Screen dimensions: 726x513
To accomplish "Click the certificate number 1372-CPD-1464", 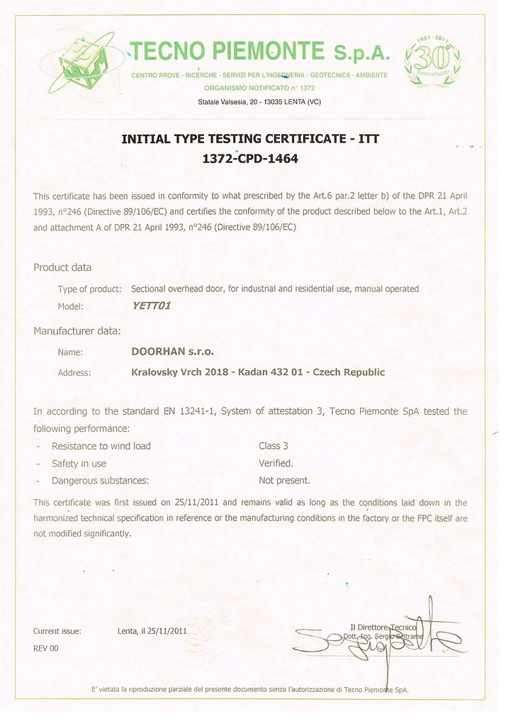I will pyautogui.click(x=250, y=159).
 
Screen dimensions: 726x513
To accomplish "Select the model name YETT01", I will pyautogui.click(x=152, y=306).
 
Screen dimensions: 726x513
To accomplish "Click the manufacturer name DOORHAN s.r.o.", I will pyautogui.click(x=172, y=351).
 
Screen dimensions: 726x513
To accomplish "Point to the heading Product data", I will pyautogui.click(x=62, y=267).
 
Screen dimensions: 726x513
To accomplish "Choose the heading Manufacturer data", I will pyautogui.click(x=77, y=330).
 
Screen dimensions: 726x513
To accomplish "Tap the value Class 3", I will pyautogui.click(x=274, y=446).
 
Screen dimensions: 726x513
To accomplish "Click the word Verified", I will pyautogui.click(x=276, y=463).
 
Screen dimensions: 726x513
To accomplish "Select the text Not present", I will pyautogui.click(x=284, y=480).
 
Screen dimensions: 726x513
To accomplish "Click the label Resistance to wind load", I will pyautogui.click(x=101, y=446).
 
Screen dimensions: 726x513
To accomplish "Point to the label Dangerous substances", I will pyautogui.click(x=100, y=480).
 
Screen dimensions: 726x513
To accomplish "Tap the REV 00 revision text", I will pyautogui.click(x=46, y=648).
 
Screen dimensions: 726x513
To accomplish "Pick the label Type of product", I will pyautogui.click(x=89, y=289).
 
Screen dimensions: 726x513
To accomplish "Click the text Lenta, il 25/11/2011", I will pyautogui.click(x=152, y=630).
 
